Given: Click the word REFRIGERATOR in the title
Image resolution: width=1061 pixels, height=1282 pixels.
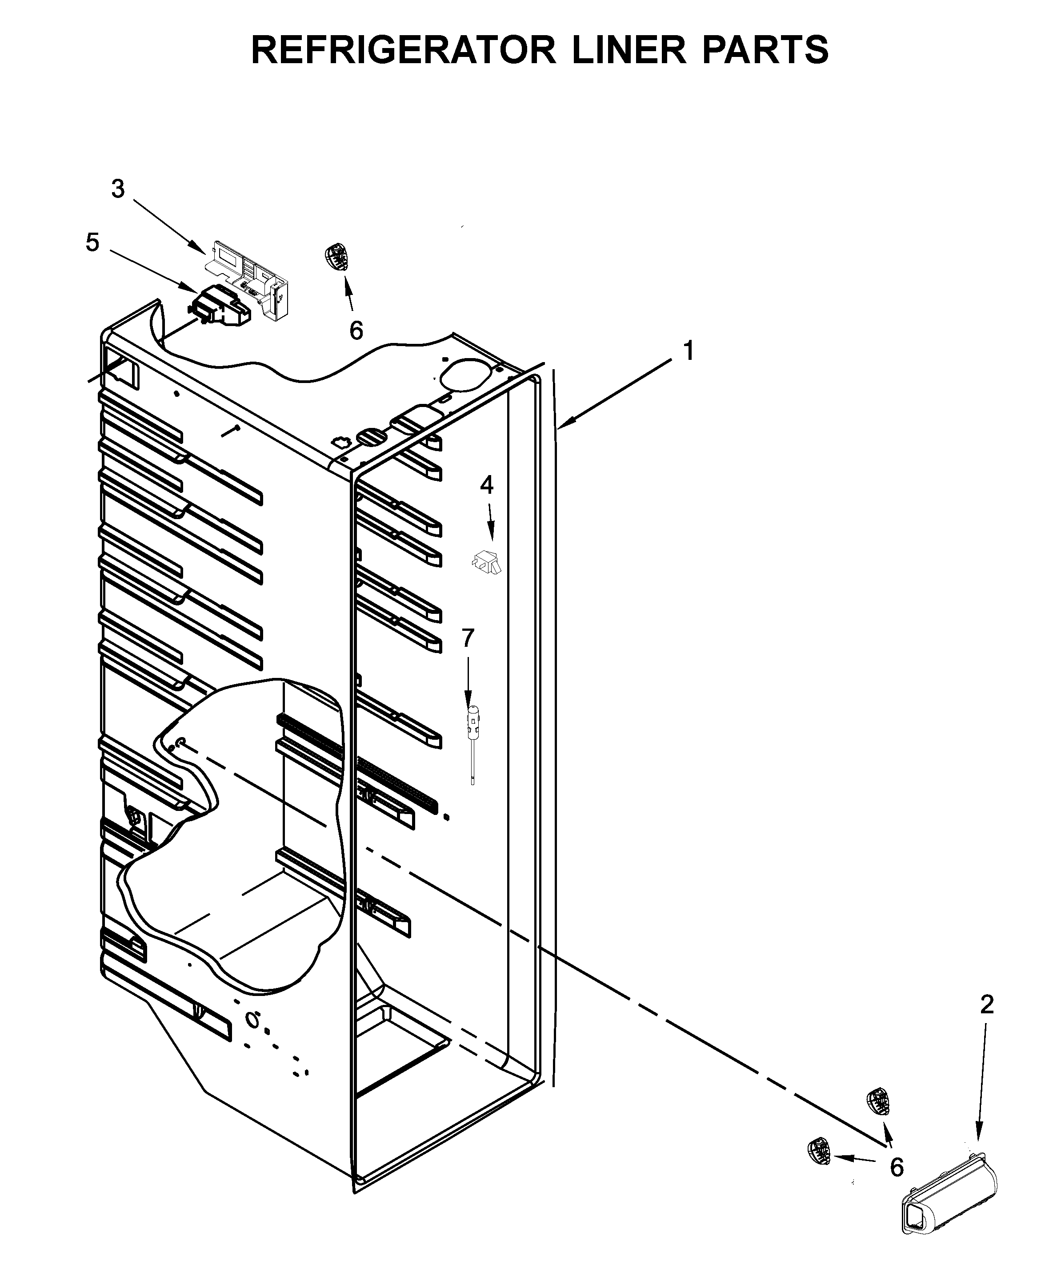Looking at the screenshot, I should click(x=403, y=50).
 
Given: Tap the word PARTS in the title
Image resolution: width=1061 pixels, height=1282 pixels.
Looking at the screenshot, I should click(x=765, y=50).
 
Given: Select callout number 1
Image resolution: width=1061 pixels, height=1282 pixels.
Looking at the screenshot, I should click(x=688, y=351).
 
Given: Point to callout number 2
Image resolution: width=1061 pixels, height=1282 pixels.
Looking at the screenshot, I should click(x=987, y=1004).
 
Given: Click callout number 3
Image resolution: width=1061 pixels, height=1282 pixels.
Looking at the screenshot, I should click(x=118, y=189).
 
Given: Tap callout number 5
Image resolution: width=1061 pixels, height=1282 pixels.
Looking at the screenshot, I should click(x=92, y=242).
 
